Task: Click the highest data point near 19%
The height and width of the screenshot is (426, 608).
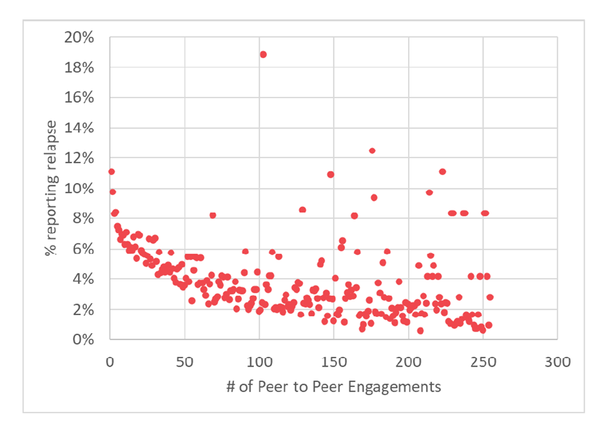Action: tap(263, 54)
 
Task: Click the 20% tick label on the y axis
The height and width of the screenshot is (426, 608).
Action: tap(81, 37)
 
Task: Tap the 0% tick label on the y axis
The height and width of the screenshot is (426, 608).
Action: tap(84, 340)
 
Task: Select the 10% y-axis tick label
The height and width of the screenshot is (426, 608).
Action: tap(81, 188)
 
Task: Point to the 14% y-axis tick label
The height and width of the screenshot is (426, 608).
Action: tap(81, 128)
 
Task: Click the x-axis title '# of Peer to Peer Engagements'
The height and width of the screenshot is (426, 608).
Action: tap(333, 387)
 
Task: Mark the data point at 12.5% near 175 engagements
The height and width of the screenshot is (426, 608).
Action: tap(372, 150)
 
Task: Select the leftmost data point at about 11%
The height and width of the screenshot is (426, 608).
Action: tap(112, 172)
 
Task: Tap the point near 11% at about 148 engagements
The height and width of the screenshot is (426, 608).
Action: tap(331, 174)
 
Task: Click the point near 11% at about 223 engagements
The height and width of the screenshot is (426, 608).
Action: tap(442, 172)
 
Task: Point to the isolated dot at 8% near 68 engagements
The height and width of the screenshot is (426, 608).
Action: tap(213, 215)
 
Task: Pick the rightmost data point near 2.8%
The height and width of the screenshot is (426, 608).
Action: tap(490, 298)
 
